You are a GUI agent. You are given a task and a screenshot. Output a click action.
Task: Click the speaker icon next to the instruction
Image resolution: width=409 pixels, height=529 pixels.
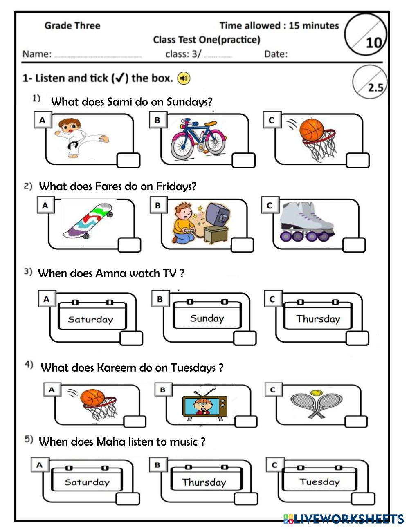click(x=184, y=78)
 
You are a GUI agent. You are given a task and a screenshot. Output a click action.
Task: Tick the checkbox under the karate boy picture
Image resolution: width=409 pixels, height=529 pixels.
click(x=128, y=161)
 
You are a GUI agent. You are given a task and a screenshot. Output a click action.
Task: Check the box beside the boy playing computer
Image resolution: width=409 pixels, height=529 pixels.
click(x=242, y=245)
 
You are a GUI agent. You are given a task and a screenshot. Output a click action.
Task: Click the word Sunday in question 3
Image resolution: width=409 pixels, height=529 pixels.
click(x=207, y=318)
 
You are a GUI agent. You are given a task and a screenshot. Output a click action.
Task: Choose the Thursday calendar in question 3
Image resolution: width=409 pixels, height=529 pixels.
click(x=318, y=319)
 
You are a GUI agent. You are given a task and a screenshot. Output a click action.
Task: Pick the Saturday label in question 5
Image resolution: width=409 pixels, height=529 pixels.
click(x=87, y=482)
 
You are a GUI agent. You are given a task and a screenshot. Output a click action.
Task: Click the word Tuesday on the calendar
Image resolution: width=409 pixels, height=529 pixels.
click(x=319, y=482)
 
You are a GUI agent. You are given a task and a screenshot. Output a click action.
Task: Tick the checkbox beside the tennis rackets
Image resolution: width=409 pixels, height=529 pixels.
click(x=356, y=421)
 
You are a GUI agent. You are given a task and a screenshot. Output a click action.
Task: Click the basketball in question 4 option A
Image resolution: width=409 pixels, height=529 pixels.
click(x=92, y=398)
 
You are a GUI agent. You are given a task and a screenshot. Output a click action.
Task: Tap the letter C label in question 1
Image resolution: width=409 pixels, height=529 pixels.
click(x=271, y=120)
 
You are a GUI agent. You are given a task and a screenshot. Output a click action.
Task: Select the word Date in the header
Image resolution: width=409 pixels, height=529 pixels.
click(x=276, y=54)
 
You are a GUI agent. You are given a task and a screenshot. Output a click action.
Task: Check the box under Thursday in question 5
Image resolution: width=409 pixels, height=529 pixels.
click(x=246, y=499)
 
